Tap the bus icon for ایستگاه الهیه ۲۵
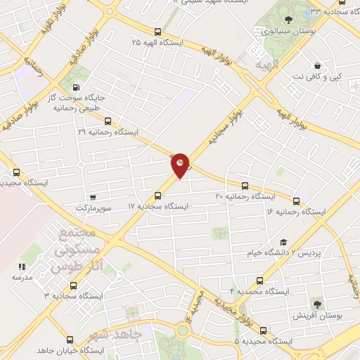pyautogui.click(x=157, y=32)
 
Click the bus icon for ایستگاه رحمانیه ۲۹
pyautogui.click(x=108, y=121)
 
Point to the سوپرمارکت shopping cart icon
pyautogui.click(x=92, y=198)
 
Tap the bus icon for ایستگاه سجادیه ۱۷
pyautogui.click(x=157, y=196)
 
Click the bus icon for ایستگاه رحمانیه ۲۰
pyautogui.click(x=245, y=186)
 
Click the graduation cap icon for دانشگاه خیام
pyautogui.click(x=283, y=241)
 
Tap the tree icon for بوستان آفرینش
pyautogui.click(x=317, y=304)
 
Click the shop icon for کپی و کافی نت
pyautogui.click(x=318, y=65)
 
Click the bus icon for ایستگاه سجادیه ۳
pyautogui.click(x=73, y=285)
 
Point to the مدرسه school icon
pyautogui.click(x=21, y=266)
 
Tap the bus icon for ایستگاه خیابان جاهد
pyautogui.click(x=72, y=340)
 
